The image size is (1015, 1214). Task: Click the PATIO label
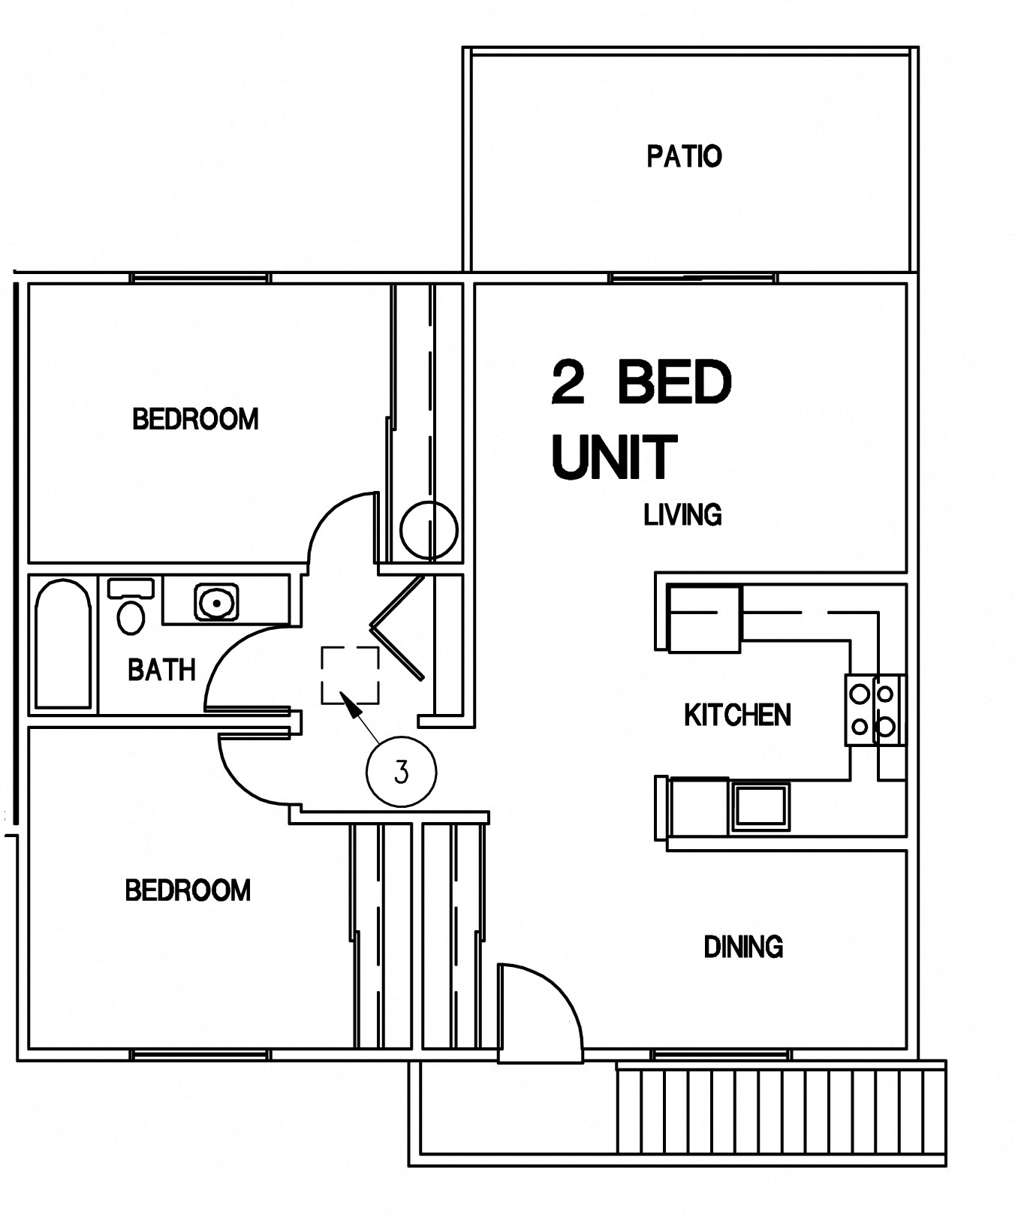click(x=684, y=156)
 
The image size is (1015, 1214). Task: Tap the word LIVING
click(x=682, y=515)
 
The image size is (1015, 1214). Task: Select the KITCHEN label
click(x=737, y=715)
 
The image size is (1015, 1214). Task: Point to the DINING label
click(x=743, y=947)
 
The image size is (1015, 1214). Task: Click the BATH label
click(x=161, y=669)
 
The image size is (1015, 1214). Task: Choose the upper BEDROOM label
click(x=195, y=419)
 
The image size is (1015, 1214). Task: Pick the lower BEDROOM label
click(x=188, y=890)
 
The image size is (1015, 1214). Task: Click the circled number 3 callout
click(x=401, y=772)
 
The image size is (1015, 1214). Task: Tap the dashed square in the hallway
click(x=350, y=675)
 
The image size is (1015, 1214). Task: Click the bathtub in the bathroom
click(x=63, y=644)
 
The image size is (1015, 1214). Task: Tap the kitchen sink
click(x=760, y=806)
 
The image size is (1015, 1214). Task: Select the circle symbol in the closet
click(x=429, y=530)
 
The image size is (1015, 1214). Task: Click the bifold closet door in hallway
click(x=398, y=627)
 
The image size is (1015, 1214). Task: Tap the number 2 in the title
click(x=568, y=382)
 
